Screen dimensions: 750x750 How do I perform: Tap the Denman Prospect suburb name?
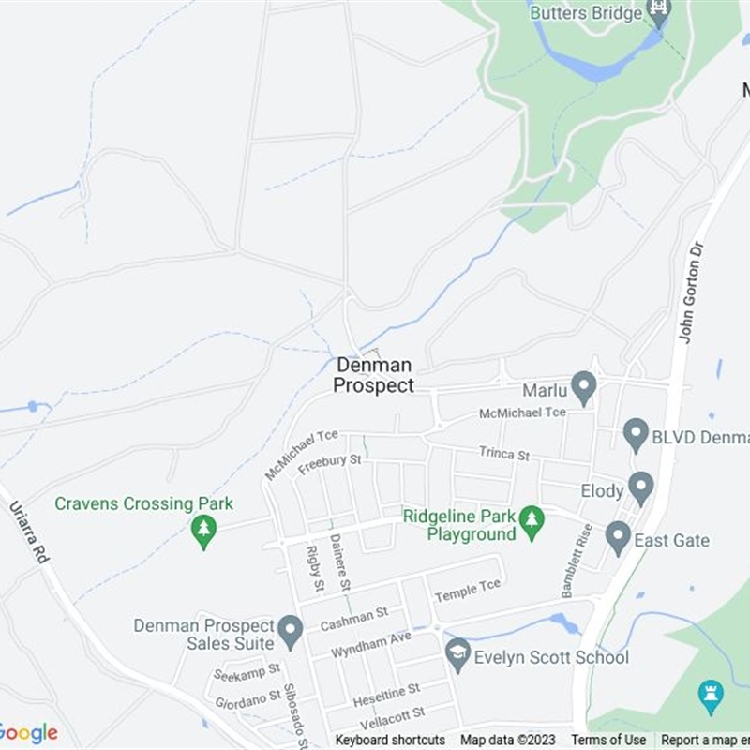coord(373,375)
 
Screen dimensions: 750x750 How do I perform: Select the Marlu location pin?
coord(584,387)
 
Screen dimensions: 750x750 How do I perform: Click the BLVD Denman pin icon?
coord(637,434)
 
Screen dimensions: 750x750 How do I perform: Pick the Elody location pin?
coord(641,487)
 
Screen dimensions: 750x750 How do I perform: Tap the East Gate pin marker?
coord(618,537)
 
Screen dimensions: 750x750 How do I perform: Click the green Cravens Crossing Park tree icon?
coord(203,532)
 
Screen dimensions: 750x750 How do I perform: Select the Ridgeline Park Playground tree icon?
coord(532,522)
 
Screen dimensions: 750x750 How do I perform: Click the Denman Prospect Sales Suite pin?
coord(291,631)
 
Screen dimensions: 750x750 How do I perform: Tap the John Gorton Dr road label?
coord(691,292)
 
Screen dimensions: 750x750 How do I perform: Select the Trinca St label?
coord(504,453)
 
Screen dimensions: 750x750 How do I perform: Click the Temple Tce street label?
coord(468,591)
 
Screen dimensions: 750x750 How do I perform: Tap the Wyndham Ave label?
coord(371,643)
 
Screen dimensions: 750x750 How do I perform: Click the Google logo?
coord(28,733)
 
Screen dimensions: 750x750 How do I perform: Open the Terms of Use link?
coord(608,741)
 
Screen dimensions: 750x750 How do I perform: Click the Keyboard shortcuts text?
coord(390,741)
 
